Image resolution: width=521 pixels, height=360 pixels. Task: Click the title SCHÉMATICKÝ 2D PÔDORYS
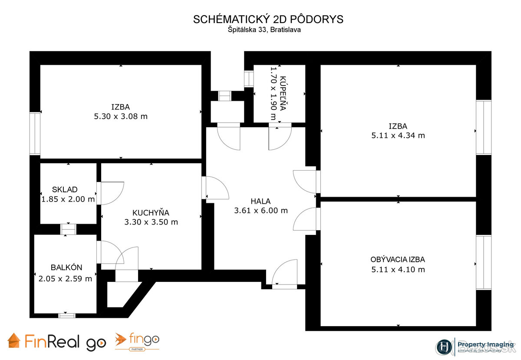coord(268,20)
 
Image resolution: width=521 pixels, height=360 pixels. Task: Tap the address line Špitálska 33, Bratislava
coord(264,30)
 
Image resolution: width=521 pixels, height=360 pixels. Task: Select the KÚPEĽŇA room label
coord(283,93)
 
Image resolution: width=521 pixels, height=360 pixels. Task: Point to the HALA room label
coord(260,201)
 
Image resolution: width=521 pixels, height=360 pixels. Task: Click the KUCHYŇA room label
coord(151,213)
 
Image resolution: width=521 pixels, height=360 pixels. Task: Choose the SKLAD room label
coord(65,189)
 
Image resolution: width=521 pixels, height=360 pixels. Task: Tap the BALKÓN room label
coord(66,268)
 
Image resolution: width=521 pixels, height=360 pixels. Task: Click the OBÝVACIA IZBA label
coord(398,260)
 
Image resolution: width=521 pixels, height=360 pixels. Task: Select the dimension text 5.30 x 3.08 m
coord(121,116)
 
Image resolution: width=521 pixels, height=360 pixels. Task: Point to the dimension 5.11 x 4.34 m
coord(398,135)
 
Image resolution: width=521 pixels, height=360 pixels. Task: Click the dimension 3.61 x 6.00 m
coord(261,211)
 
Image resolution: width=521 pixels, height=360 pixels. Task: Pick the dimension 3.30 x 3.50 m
coord(151,222)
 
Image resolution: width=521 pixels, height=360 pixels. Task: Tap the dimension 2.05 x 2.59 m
coord(65,279)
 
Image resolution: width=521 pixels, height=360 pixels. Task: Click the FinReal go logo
coord(56,342)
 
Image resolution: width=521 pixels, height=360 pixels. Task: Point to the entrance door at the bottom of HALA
coord(285,274)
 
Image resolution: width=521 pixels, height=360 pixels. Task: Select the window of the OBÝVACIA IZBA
coord(483,262)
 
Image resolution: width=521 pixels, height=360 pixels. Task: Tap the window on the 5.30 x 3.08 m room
coord(35,133)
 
